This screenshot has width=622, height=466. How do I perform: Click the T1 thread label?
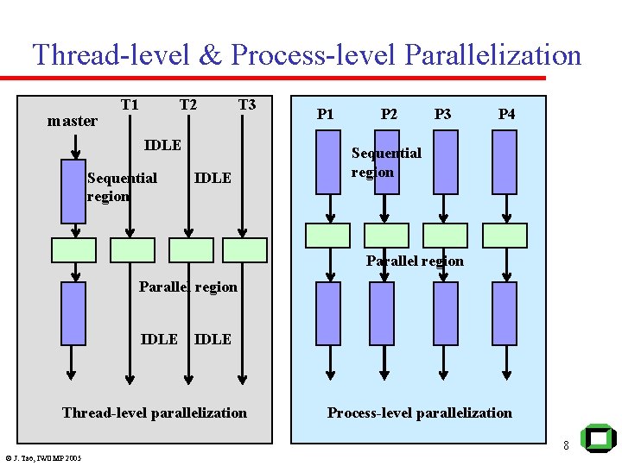click(x=130, y=105)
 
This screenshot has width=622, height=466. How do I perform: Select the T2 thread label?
click(x=187, y=105)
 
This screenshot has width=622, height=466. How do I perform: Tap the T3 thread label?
click(x=247, y=105)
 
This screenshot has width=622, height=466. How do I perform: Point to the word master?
click(x=73, y=122)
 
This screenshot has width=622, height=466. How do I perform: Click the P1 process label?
click(x=325, y=114)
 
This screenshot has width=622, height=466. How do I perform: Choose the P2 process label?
click(x=389, y=114)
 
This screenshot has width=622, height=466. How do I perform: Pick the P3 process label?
click(x=442, y=114)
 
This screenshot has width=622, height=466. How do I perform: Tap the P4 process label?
click(x=507, y=114)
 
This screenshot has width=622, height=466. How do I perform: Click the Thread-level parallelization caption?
click(x=155, y=413)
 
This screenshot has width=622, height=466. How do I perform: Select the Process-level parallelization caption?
click(x=419, y=413)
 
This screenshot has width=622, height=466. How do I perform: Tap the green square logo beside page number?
click(x=598, y=439)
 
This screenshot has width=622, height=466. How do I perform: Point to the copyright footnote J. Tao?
click(x=42, y=458)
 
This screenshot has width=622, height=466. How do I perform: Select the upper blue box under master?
click(x=73, y=192)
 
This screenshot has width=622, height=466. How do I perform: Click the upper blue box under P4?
click(x=504, y=162)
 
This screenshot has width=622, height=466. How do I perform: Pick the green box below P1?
click(x=328, y=236)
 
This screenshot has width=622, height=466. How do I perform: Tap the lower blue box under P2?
click(x=381, y=313)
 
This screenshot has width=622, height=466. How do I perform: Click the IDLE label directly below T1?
click(x=162, y=145)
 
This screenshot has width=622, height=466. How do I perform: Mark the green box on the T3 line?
click(x=244, y=250)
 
